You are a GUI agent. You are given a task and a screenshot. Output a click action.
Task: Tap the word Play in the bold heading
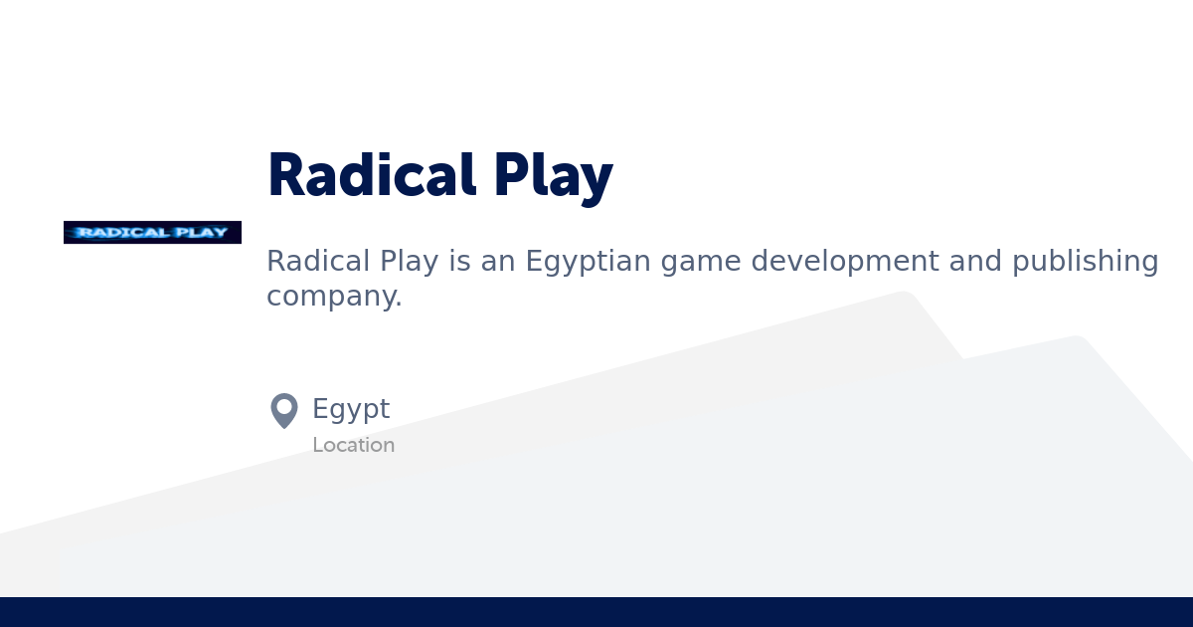point(553,177)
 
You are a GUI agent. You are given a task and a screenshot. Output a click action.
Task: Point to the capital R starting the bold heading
point(285,175)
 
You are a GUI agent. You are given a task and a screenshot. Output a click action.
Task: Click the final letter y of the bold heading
point(596,181)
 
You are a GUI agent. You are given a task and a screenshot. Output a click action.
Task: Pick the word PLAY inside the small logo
point(202,233)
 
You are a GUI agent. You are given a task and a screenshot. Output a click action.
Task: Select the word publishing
point(1086,263)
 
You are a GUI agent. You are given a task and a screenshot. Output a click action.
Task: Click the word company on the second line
point(334,297)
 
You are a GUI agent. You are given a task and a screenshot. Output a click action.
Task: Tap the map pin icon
point(284,409)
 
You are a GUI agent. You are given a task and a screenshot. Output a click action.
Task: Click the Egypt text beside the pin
point(351,410)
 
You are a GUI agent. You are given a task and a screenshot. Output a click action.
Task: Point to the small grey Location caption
point(353,445)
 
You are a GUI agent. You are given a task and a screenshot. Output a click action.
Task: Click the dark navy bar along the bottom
point(596,612)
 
